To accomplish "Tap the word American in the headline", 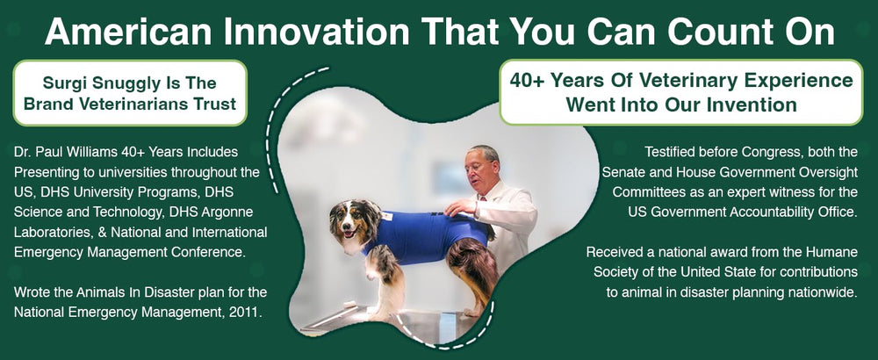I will pos(128,32).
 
